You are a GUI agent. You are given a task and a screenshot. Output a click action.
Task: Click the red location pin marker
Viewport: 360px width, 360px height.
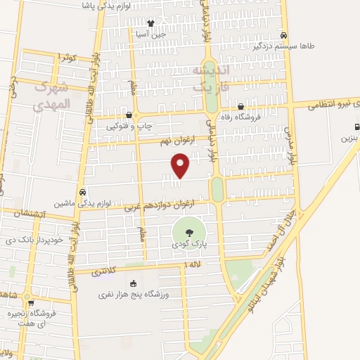[x=181, y=165]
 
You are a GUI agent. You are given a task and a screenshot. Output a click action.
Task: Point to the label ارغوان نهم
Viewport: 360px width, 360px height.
[x=175, y=141]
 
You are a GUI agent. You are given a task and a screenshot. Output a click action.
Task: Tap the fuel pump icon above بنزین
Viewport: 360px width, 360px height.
[x=357, y=128]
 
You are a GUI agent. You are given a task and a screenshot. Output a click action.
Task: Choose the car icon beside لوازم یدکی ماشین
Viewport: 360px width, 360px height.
[x=84, y=192]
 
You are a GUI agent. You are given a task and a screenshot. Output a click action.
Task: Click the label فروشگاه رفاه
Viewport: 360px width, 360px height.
[x=240, y=117]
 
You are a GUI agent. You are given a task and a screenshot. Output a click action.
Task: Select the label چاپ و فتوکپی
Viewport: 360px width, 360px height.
[x=128, y=126]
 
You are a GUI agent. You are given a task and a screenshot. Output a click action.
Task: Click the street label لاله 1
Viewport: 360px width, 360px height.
[x=192, y=264]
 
